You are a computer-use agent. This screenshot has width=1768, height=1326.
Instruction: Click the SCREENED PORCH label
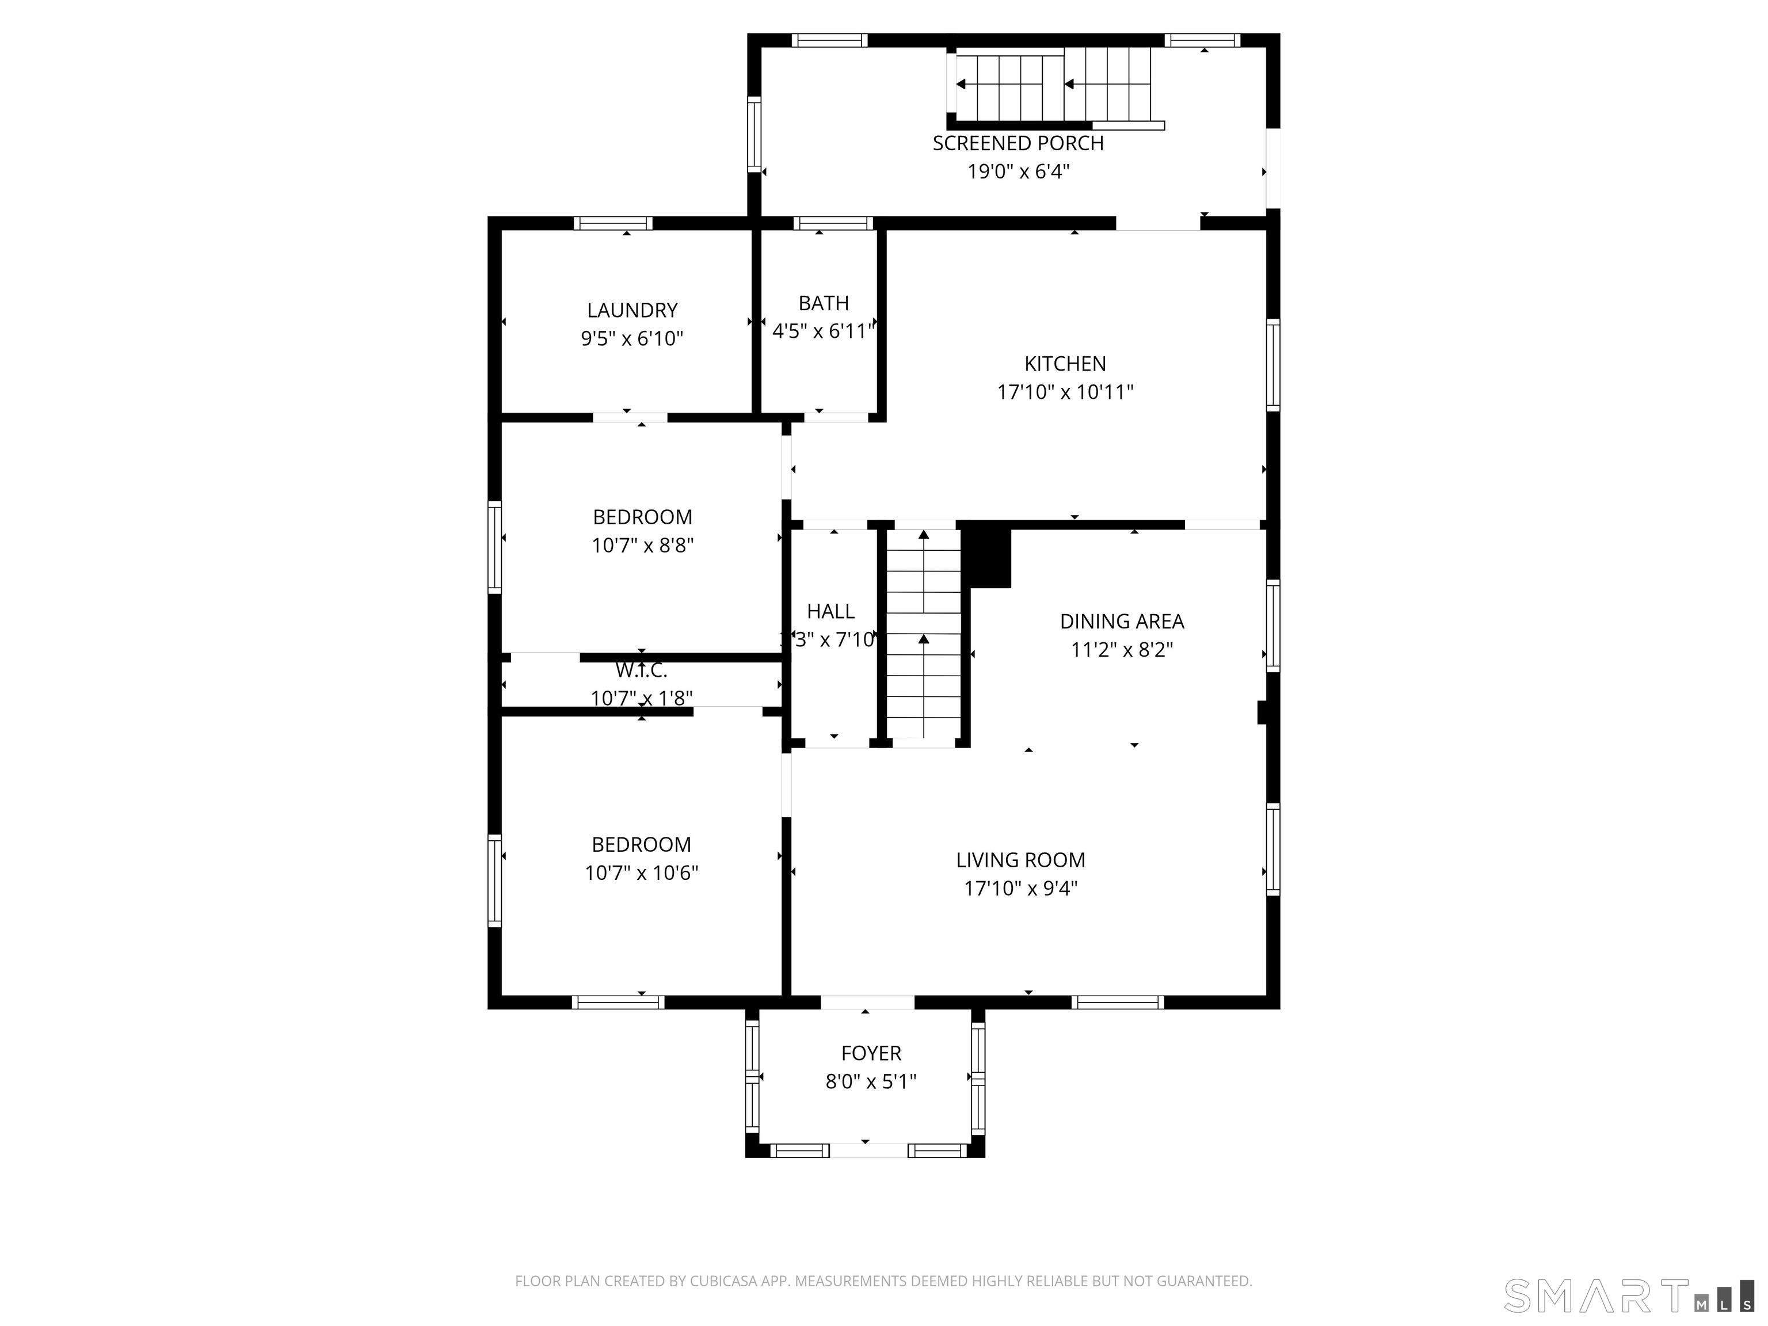tap(1018, 144)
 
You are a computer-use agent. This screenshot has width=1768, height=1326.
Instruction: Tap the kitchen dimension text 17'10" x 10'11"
tap(1065, 393)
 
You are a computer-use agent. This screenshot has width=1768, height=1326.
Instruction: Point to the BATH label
tap(823, 304)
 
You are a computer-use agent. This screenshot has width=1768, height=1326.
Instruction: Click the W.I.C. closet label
tap(641, 670)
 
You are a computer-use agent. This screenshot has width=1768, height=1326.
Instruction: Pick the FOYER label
tap(870, 1053)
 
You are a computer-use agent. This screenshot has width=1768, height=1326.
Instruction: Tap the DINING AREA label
tap(1121, 622)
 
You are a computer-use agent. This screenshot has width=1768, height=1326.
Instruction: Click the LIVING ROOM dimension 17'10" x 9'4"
tap(1020, 889)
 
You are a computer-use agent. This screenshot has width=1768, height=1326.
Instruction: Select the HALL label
tap(830, 611)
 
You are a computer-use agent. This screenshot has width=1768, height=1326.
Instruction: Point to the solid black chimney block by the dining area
tap(989, 557)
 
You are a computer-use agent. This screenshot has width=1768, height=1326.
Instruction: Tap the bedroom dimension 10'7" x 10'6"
tap(641, 873)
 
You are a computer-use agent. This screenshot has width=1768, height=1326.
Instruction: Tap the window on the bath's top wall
tap(833, 223)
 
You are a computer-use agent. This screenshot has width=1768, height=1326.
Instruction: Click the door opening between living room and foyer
tap(867, 1003)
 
